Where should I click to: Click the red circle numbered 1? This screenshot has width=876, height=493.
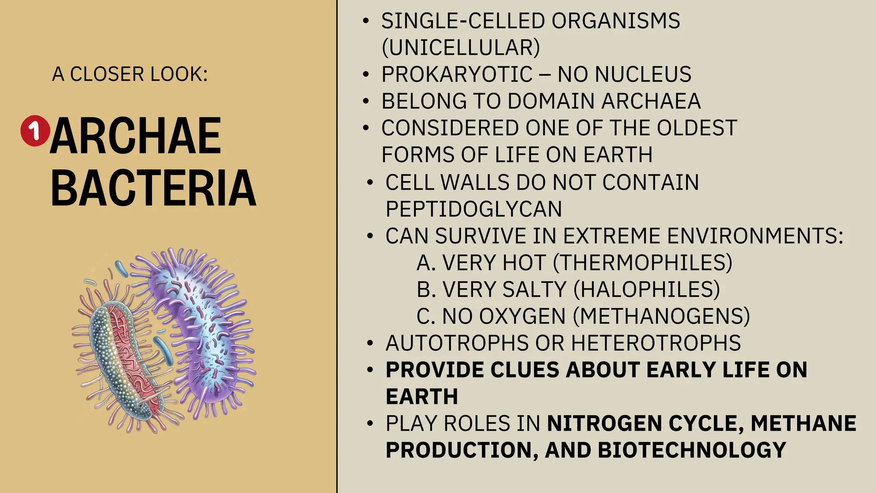35,131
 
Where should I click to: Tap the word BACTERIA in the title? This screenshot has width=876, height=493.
153,188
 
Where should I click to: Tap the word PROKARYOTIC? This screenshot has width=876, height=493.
457,74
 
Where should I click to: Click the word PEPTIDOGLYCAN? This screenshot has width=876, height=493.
474,209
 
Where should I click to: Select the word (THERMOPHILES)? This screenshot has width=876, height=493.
642,263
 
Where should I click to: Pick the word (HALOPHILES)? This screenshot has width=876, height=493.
646,290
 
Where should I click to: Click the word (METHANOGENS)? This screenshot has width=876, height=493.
661,317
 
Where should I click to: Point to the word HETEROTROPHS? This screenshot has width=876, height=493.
656,343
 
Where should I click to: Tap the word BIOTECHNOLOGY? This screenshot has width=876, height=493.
692,450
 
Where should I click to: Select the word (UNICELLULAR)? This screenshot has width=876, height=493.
461,48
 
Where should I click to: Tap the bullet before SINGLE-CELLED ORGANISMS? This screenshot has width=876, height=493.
366,21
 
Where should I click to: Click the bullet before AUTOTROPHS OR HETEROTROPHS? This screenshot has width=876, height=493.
370,343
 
